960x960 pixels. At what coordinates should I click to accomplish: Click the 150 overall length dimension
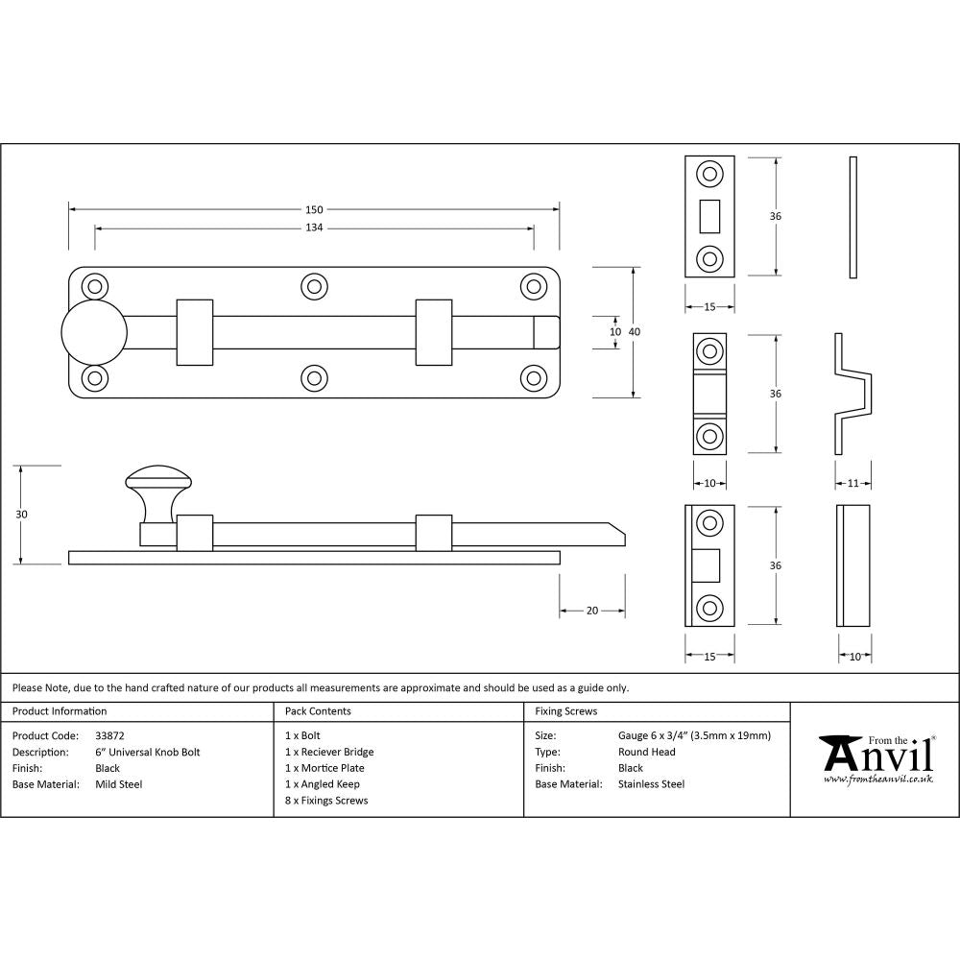[314, 209]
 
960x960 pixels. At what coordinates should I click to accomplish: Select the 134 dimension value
[314, 228]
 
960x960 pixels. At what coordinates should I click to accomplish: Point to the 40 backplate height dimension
[635, 331]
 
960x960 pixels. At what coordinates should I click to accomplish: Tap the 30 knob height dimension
[22, 515]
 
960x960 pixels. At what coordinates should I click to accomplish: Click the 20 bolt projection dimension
[592, 611]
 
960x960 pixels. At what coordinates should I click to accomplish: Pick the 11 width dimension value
[853, 483]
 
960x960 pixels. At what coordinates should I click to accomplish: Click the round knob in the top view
[94, 332]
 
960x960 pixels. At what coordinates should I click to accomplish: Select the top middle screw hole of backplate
[313, 286]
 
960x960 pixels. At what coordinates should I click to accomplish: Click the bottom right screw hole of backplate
[533, 377]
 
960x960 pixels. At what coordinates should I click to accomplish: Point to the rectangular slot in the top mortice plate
[709, 216]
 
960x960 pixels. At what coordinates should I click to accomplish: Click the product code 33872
[110, 735]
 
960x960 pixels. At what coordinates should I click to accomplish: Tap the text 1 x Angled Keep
[323, 784]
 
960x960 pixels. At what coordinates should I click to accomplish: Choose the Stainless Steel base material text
[651, 784]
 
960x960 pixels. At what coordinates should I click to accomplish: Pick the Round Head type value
[646, 752]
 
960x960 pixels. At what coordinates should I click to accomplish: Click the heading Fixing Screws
[565, 711]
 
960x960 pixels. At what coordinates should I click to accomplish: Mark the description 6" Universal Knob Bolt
[148, 752]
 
